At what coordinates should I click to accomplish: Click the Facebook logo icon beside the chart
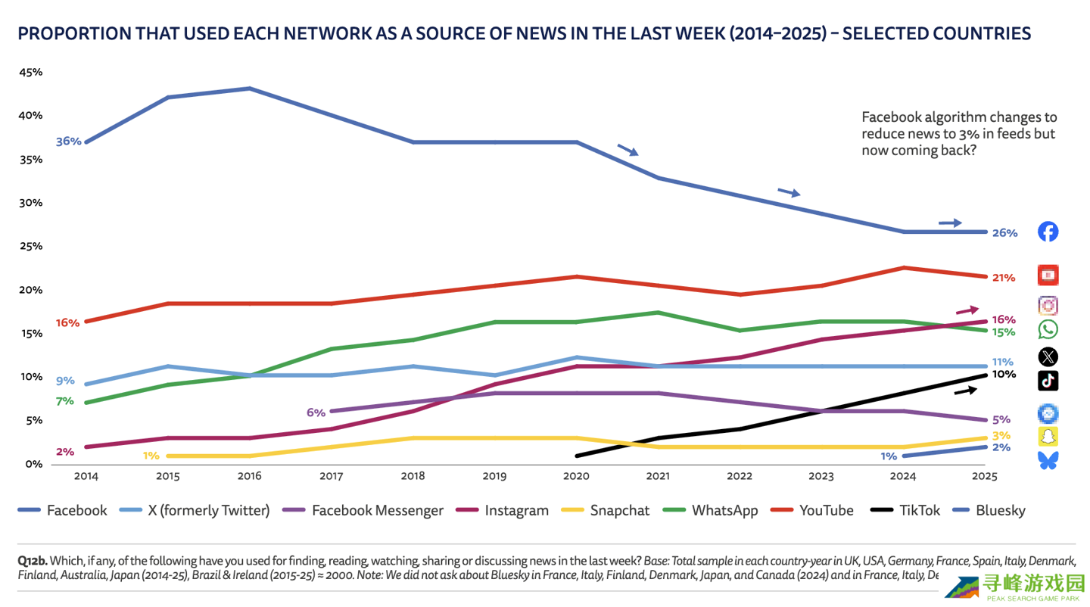(x=1048, y=232)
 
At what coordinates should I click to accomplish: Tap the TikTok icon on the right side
(x=1048, y=381)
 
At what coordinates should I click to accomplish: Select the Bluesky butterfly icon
(x=1048, y=459)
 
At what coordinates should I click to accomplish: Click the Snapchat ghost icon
(x=1048, y=436)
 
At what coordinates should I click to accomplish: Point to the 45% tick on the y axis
(x=31, y=72)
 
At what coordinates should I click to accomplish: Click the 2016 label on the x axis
(x=249, y=477)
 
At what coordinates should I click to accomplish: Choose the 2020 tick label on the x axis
(x=577, y=477)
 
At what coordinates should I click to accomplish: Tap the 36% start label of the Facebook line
(x=68, y=141)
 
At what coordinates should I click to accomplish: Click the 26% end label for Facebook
(x=1004, y=233)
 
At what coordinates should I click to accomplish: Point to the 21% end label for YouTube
(x=1004, y=278)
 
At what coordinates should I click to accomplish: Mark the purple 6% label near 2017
(x=316, y=412)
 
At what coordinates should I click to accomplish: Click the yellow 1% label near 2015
(x=151, y=456)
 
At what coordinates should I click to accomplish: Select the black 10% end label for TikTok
(x=1004, y=375)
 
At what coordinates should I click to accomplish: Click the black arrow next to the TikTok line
(x=965, y=390)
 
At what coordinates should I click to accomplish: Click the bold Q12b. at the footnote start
(x=33, y=561)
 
